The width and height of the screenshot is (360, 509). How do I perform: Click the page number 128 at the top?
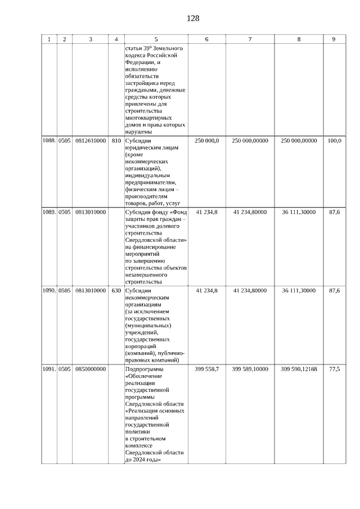(193, 19)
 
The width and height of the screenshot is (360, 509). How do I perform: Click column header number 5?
(156, 39)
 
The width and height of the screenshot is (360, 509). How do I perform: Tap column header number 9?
(334, 39)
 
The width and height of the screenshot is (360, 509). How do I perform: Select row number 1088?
(49, 141)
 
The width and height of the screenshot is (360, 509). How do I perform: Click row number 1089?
(49, 212)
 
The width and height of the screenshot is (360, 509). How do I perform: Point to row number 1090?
(49, 291)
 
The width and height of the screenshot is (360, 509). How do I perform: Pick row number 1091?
(49, 369)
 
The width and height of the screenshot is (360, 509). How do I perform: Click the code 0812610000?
(90, 141)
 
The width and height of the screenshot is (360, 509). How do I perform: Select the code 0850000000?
(90, 369)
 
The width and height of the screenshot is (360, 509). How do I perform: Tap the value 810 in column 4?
(116, 141)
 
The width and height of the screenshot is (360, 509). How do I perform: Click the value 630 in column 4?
(116, 291)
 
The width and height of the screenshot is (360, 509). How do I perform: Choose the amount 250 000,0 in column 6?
(207, 141)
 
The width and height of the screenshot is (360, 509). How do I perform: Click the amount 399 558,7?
(207, 369)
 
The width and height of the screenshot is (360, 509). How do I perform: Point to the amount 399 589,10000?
(250, 369)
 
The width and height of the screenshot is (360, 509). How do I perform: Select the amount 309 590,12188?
(299, 369)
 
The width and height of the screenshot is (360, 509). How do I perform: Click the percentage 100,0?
(334, 141)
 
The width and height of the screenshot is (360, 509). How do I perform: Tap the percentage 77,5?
(334, 369)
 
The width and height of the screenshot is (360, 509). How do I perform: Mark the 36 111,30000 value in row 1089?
(299, 212)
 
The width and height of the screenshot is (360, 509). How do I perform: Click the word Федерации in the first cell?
(140, 63)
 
